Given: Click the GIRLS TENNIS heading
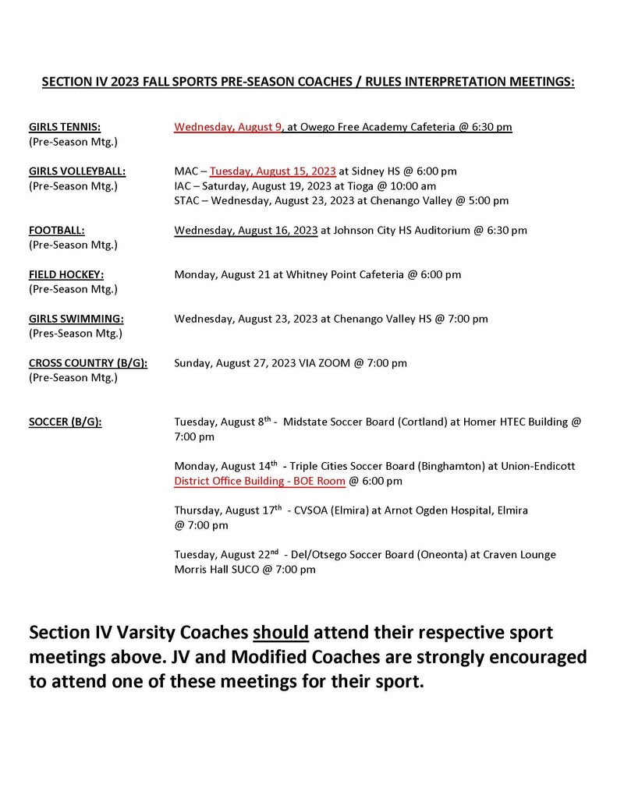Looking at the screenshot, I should [x=65, y=127].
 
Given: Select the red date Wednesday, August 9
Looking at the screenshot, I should [x=228, y=127].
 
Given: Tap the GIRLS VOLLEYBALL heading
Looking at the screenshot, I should [x=77, y=171].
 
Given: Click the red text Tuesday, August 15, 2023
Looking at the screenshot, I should [x=273, y=171].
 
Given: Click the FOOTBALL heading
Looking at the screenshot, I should [x=57, y=231].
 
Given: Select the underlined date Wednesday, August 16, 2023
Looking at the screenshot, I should [x=246, y=231].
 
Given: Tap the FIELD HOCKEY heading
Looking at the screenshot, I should [x=66, y=275].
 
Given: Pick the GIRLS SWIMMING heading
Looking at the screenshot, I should [x=76, y=319].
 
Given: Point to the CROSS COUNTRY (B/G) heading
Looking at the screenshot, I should [x=88, y=363].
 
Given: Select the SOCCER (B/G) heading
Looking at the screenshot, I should [x=66, y=422].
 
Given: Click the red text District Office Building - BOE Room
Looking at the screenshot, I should [x=260, y=481].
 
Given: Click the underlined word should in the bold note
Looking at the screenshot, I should [x=281, y=632].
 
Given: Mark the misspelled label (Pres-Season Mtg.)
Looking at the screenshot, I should [x=76, y=334].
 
